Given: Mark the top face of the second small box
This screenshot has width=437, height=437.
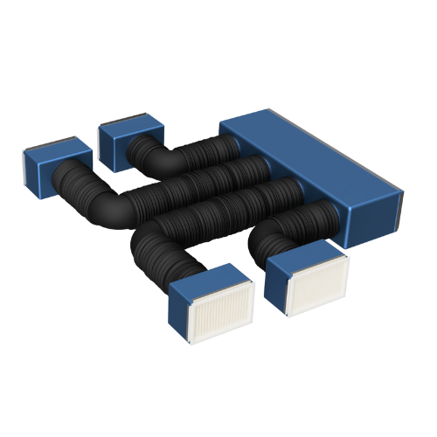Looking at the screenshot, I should point(128,124).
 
